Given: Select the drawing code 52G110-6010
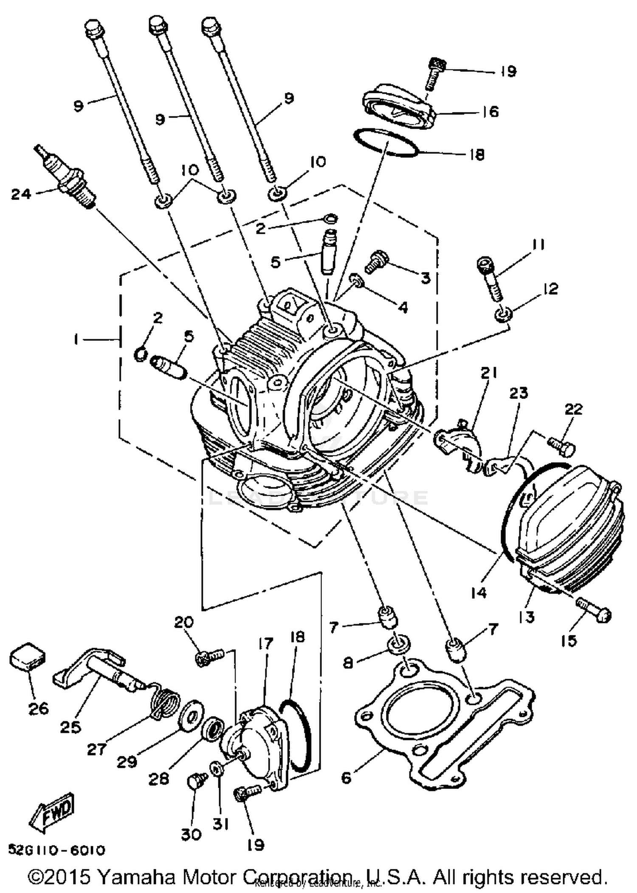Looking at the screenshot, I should point(56,850).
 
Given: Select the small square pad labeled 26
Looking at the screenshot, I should point(28,656).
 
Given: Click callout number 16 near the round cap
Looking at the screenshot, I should point(490,112).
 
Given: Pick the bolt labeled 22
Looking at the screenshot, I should point(561,445).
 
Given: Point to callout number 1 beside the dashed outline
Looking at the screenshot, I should point(76,339).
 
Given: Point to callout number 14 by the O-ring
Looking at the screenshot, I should point(479,593).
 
